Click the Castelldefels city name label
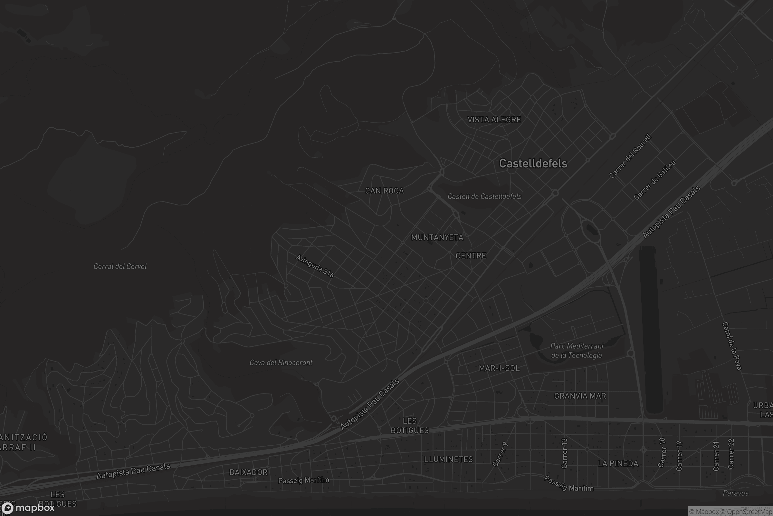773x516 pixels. [533, 164]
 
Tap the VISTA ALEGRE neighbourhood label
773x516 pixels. [494, 120]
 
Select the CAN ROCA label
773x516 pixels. [384, 191]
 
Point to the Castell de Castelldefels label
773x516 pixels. [484, 196]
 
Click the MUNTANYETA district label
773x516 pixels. [437, 237]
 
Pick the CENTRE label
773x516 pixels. [471, 256]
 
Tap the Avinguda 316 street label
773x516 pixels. [315, 266]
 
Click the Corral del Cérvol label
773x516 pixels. [120, 266]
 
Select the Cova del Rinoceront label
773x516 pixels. [281, 362]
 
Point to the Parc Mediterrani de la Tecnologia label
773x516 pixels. [577, 351]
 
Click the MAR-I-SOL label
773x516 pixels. [499, 368]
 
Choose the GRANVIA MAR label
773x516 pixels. [580, 396]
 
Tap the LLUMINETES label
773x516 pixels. [448, 459]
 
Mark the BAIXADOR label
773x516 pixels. [248, 472]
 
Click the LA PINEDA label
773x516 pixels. [617, 463]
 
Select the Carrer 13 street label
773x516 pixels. [564, 453]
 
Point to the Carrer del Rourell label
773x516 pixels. [630, 156]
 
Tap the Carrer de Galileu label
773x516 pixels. [654, 180]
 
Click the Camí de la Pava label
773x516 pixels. [732, 346]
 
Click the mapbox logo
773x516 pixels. [28, 508]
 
